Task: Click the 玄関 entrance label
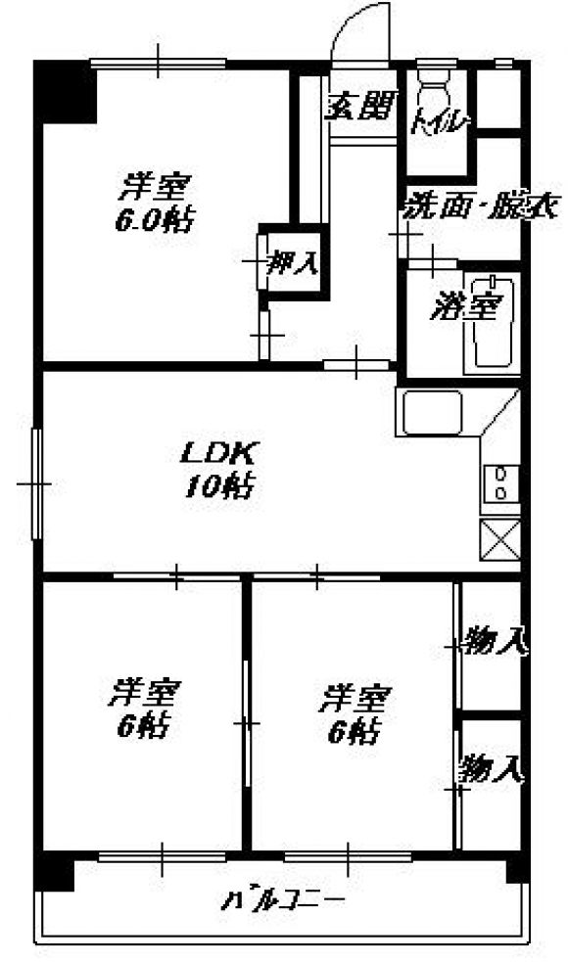(x=359, y=108)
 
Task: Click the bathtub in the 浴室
(x=493, y=322)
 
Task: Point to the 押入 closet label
(x=294, y=262)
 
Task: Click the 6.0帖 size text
(x=155, y=220)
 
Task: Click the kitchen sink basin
(x=432, y=412)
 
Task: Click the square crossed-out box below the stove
(x=499, y=539)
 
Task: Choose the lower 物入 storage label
(x=492, y=767)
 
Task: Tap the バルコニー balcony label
(x=283, y=900)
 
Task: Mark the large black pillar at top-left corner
(x=66, y=91)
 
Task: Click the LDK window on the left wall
(x=36, y=483)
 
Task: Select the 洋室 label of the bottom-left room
(x=145, y=693)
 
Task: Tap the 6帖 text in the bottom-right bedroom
(x=355, y=730)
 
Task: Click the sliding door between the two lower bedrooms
(x=247, y=723)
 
